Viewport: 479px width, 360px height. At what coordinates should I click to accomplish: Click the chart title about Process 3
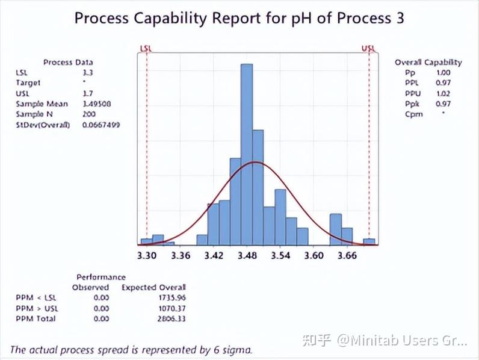[239, 18]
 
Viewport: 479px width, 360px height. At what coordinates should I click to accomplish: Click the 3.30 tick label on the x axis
[146, 255]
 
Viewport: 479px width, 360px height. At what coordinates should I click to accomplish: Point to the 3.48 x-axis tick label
[247, 255]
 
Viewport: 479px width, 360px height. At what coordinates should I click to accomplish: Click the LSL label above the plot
[146, 48]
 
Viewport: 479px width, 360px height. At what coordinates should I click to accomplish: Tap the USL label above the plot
[368, 48]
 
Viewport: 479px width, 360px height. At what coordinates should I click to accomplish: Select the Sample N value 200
[88, 114]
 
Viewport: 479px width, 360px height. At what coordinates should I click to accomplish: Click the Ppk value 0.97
[443, 104]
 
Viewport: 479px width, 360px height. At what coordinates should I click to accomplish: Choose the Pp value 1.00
[443, 73]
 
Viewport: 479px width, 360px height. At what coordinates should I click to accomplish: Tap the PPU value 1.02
[443, 93]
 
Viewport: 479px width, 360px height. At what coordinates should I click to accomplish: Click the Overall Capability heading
[428, 62]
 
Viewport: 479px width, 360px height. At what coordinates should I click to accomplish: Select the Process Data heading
[68, 62]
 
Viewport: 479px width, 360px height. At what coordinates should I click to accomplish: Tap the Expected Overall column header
[153, 287]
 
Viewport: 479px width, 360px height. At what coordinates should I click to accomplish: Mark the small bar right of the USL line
[369, 241]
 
